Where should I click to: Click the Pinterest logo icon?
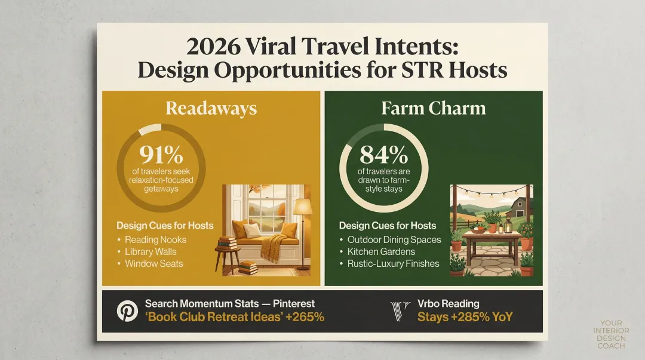coord(127,311)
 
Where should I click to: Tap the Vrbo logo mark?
coord(400,311)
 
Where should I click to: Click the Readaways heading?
coord(211,108)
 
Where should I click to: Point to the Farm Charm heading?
coord(434,108)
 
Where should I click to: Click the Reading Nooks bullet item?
coord(155,239)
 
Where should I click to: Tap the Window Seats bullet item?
coord(153,263)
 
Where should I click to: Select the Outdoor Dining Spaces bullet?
coord(394,239)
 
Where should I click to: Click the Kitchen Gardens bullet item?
coord(381,251)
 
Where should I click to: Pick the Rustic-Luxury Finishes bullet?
coord(393,263)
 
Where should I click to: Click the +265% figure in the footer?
coord(305,317)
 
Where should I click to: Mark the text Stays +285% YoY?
coord(465,317)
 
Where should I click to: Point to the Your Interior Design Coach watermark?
coord(610,334)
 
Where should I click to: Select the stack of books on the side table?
coord(228,243)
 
